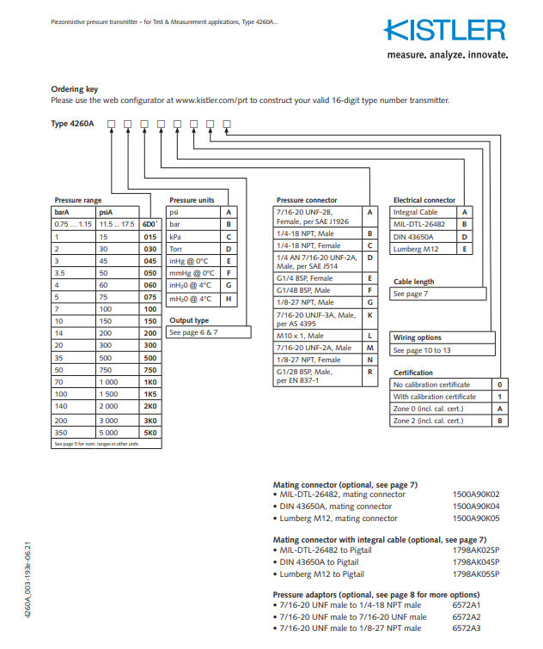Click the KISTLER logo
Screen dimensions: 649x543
(443, 32)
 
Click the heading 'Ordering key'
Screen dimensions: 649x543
(74, 89)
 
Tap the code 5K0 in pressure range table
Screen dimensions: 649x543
(150, 433)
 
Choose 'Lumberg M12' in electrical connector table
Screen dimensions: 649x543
(415, 249)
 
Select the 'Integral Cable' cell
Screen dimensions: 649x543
(415, 212)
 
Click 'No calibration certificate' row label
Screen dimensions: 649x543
(434, 385)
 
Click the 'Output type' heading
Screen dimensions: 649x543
(189, 320)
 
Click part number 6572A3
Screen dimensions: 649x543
(467, 628)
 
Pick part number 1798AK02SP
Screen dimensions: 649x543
(475, 549)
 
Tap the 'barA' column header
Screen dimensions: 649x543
(63, 212)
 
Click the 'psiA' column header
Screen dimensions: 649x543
(107, 212)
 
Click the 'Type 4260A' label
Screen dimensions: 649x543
(72, 124)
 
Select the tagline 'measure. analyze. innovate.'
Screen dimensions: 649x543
(448, 55)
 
